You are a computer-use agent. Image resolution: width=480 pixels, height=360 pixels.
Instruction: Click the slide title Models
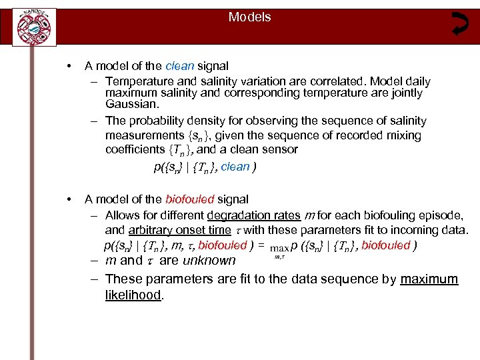tap(249, 17)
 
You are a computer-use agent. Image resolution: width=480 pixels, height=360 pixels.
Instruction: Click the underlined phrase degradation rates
tap(253, 216)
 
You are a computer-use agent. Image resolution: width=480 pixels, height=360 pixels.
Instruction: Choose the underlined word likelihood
tap(133, 295)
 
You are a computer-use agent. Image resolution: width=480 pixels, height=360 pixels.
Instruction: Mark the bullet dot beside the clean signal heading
tap(69, 66)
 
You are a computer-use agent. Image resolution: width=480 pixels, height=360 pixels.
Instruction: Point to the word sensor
tap(281, 150)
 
